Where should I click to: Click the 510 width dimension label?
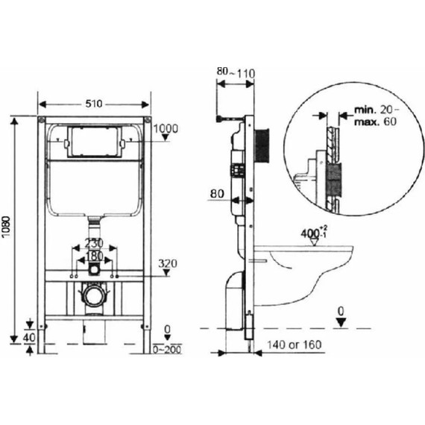tap(94, 104)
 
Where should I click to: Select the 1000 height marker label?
tap(166, 128)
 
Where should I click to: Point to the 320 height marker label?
tap(168, 263)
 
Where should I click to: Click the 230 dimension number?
tap(94, 243)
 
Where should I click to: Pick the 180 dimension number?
tap(94, 256)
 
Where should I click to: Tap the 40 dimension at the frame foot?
tap(29, 338)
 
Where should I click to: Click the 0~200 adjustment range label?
tap(167, 350)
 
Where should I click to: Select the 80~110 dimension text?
tap(236, 72)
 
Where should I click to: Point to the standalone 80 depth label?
tap(217, 194)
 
